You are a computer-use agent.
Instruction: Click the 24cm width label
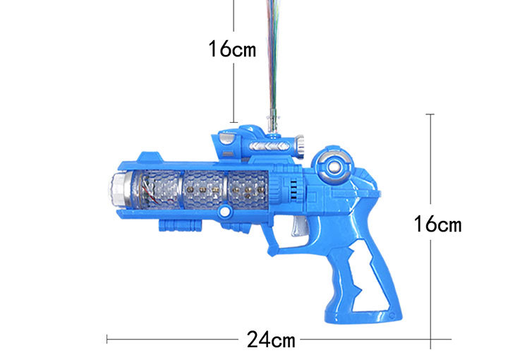click(271, 340)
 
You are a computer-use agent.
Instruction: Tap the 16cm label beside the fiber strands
click(232, 49)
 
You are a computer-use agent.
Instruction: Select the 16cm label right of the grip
click(437, 224)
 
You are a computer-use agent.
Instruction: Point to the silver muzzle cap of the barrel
click(121, 189)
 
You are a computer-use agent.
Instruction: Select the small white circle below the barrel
click(224, 212)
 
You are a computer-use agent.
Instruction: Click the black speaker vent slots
click(294, 189)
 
